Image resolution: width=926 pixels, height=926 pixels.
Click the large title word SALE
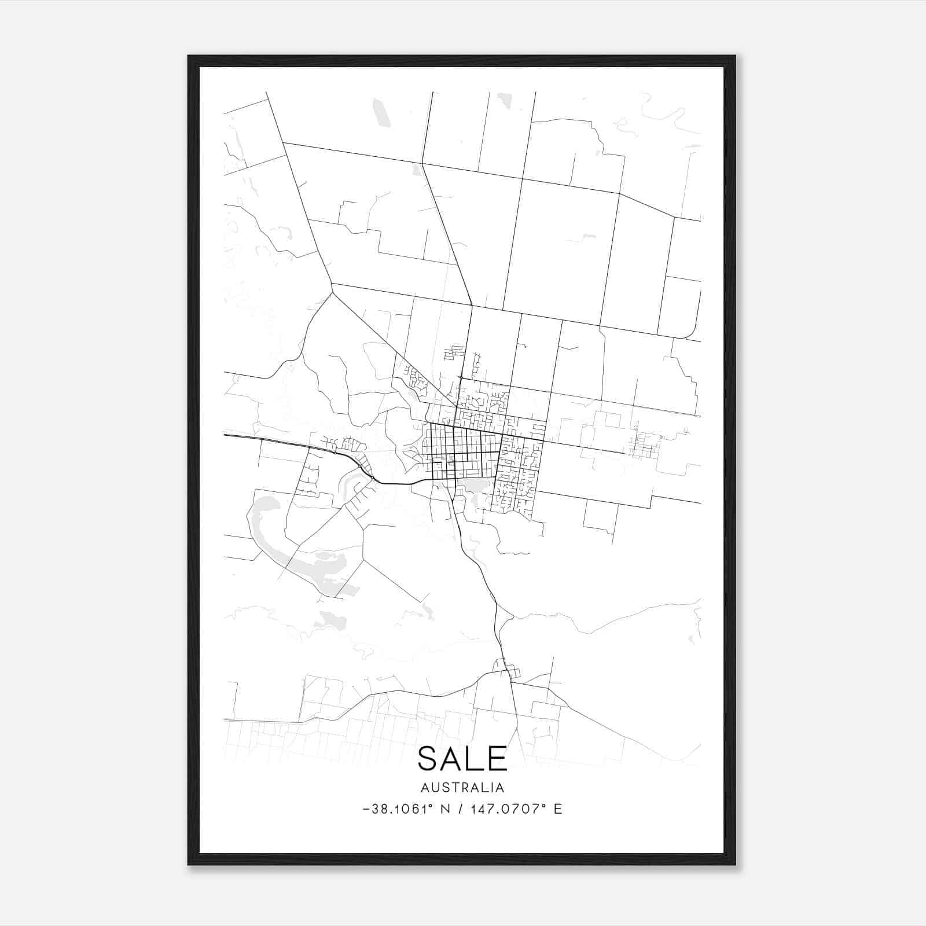(462, 759)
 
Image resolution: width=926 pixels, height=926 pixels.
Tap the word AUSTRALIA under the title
(462, 788)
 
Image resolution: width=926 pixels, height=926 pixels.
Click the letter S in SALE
(428, 759)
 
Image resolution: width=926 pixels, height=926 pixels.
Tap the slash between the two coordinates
(460, 809)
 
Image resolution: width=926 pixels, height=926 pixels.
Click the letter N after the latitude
(444, 809)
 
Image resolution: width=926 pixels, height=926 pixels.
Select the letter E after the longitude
(558, 809)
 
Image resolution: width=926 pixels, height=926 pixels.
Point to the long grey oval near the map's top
(382, 113)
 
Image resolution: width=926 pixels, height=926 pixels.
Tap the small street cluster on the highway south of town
(507, 670)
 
